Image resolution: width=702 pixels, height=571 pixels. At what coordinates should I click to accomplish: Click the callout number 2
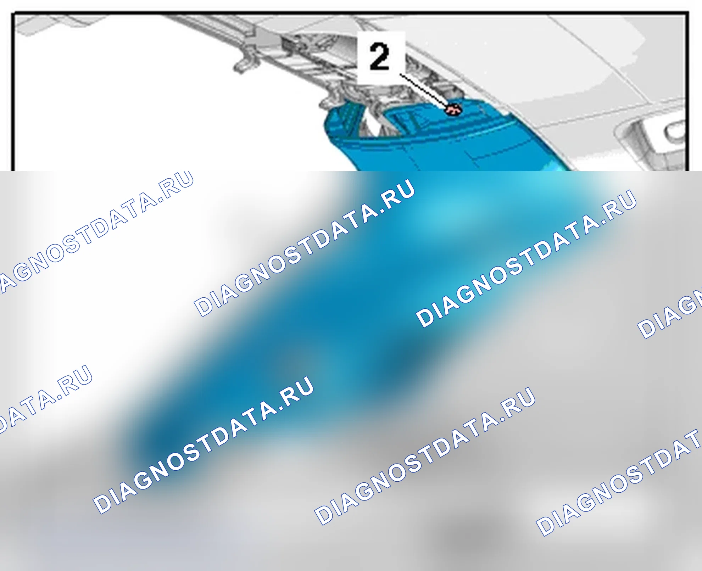coord(379,56)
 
